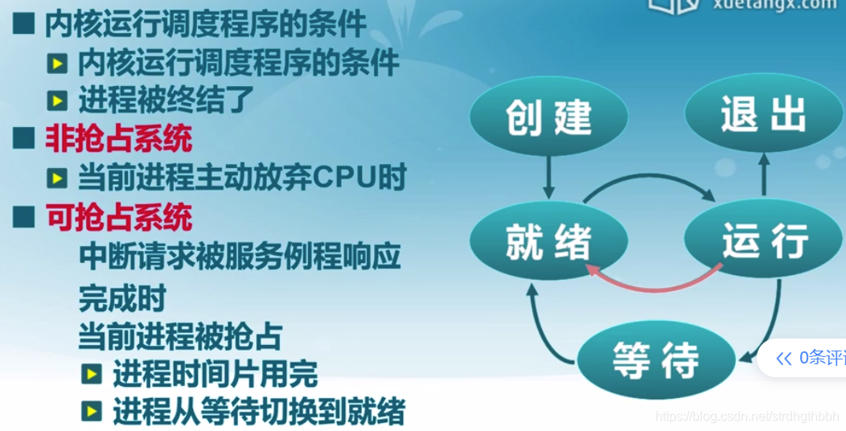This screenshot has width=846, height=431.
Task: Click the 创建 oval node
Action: (548, 118)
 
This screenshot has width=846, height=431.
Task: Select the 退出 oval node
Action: (762, 116)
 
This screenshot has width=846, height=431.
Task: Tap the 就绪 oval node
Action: (548, 240)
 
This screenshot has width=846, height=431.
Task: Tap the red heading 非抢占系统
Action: (118, 139)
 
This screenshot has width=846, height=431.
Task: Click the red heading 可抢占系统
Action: (118, 216)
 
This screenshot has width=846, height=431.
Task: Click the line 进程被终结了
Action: (166, 101)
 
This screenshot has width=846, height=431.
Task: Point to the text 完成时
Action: (121, 298)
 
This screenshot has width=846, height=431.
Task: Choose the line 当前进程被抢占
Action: (180, 336)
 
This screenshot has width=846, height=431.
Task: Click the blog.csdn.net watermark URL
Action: (745, 416)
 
